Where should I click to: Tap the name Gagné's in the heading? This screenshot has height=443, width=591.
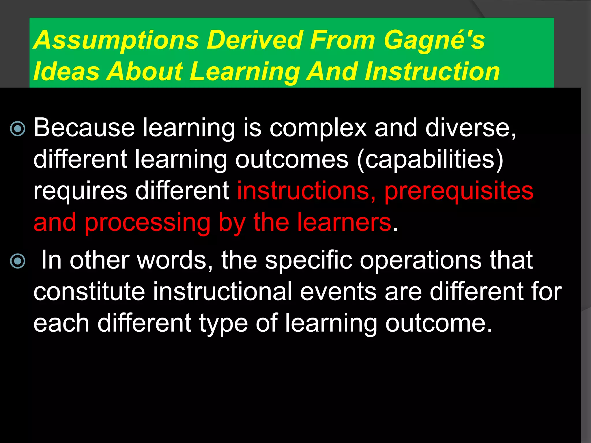[x=434, y=41]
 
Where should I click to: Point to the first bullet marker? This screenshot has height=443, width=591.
[x=18, y=129]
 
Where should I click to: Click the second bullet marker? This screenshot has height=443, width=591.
[x=18, y=261]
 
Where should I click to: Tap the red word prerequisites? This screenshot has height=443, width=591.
[x=459, y=192]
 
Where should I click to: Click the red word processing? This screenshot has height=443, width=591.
[x=147, y=223]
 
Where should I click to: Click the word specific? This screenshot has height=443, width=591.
[x=308, y=261]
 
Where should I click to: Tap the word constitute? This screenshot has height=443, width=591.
[x=89, y=292]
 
